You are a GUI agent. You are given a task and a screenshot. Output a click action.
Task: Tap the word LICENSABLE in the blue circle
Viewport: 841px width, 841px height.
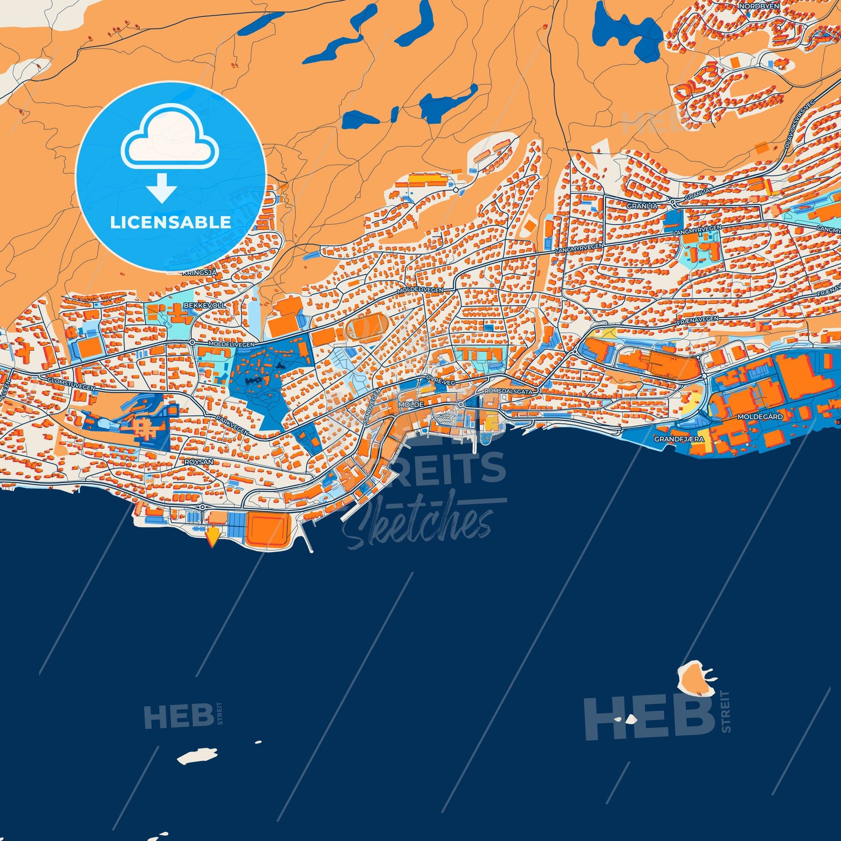pyautogui.click(x=170, y=223)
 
